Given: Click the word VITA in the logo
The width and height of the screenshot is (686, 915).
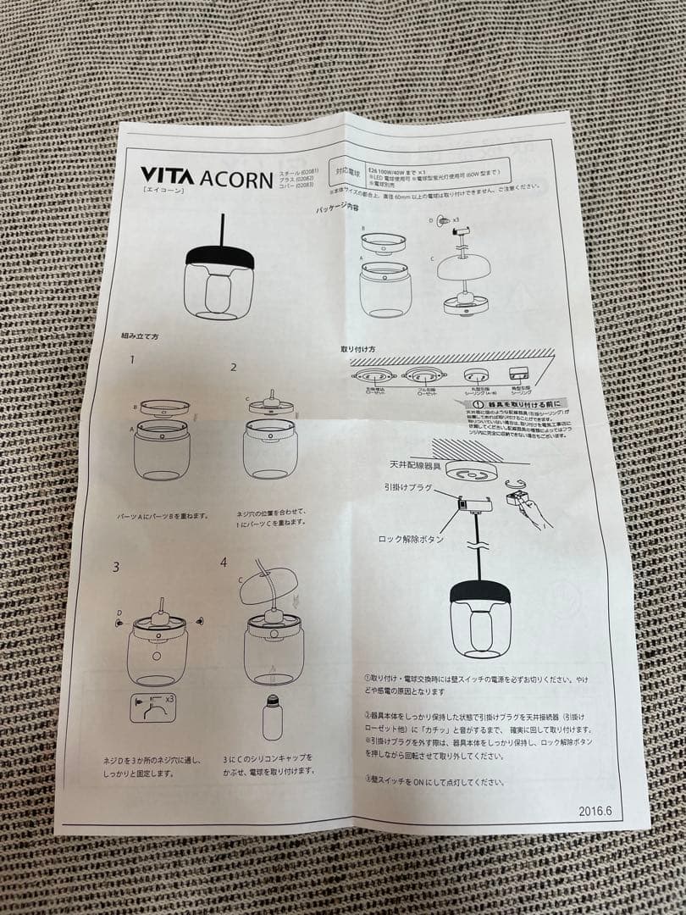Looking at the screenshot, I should [168, 176].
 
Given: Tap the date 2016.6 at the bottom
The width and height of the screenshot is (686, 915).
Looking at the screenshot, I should [595, 810].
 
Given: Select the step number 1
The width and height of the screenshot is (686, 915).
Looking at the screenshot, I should [132, 359].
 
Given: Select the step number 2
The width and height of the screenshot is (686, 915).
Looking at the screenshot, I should [234, 367].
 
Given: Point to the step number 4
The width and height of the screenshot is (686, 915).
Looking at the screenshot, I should [224, 562].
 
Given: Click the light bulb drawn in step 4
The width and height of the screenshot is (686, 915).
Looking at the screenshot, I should [272, 717].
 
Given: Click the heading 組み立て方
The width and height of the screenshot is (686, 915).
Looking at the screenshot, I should [140, 336].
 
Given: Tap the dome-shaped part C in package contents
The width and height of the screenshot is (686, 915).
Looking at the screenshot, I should [465, 269].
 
